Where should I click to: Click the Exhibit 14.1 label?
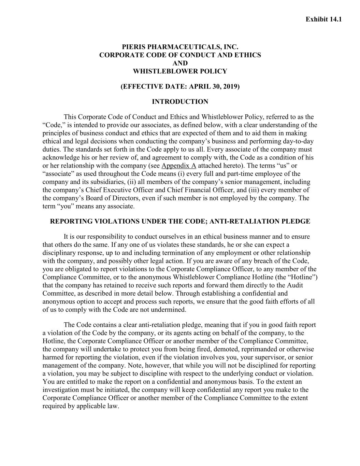tap(323, 19)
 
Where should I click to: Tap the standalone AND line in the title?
tap(180, 63)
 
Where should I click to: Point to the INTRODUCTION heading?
tap(180, 102)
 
